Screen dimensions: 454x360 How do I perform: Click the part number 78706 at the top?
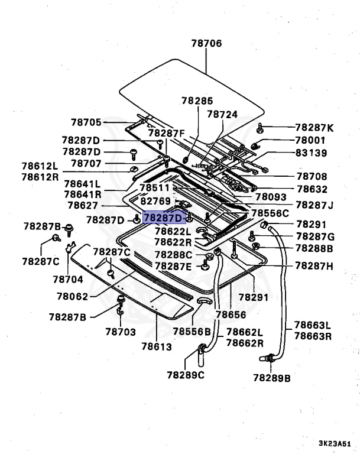tap(206, 43)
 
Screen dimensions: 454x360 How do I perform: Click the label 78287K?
tap(314, 128)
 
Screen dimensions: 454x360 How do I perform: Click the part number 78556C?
tap(270, 213)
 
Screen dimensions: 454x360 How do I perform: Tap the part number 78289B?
tap(272, 378)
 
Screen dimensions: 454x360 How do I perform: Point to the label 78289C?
tap(186, 374)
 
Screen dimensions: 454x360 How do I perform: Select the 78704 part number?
tap(68, 278)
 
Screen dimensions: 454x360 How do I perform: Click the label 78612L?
tap(41, 167)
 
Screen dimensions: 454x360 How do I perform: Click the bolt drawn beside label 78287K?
tap(261, 127)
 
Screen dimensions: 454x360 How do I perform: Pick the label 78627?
tap(83, 205)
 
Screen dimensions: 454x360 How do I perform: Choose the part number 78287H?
tap(314, 266)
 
